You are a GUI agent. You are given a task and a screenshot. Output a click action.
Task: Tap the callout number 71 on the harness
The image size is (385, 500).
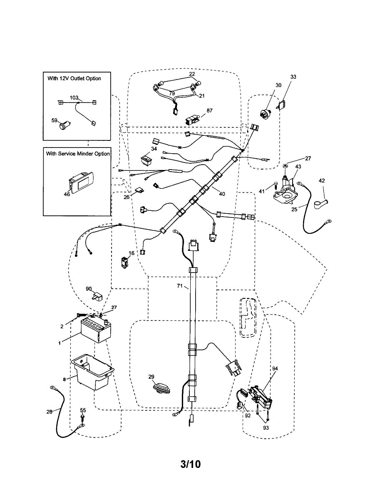[x=180, y=286]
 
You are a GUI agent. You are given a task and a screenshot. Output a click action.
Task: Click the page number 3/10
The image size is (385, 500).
[x=191, y=464]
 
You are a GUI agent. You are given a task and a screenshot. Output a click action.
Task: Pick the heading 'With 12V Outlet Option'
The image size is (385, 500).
[x=74, y=78]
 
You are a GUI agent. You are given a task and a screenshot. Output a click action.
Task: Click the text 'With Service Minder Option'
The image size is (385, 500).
[x=78, y=154]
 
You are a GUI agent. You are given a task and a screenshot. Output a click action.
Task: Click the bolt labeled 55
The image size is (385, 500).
[x=82, y=417]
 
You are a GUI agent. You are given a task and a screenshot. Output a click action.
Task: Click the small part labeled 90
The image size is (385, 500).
[x=98, y=297]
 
